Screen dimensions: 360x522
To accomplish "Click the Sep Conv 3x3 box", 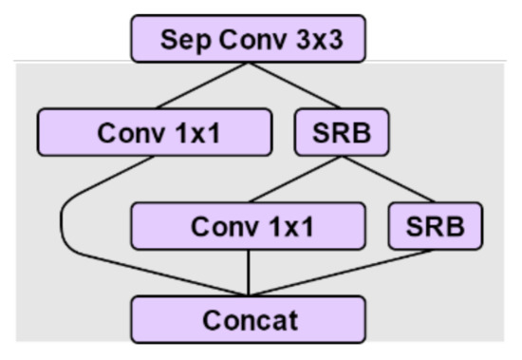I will click(x=248, y=40).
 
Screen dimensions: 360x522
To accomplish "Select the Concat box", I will click(x=248, y=319).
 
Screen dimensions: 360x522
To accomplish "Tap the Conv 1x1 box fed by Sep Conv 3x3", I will click(x=156, y=133).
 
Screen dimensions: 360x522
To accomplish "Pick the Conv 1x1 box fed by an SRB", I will click(x=248, y=227).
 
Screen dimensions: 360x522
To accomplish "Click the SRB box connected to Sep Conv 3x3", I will click(x=343, y=133).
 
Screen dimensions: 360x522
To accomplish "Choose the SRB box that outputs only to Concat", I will click(x=435, y=227).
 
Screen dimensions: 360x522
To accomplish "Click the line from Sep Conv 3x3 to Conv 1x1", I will click(x=201, y=86).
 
